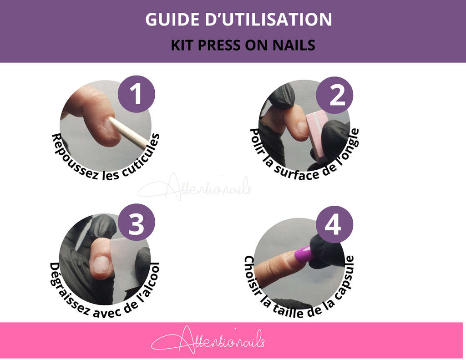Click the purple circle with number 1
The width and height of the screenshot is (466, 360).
tap(137, 95)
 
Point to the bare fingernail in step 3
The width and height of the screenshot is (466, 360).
tap(101, 264)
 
